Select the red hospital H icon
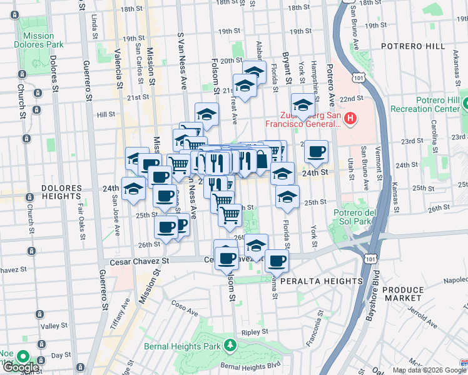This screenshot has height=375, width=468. click(350, 117)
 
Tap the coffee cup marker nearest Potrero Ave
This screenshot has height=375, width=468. click(317, 151)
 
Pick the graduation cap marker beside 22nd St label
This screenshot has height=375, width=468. click(303, 105)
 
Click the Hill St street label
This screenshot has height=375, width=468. click(106, 114)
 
